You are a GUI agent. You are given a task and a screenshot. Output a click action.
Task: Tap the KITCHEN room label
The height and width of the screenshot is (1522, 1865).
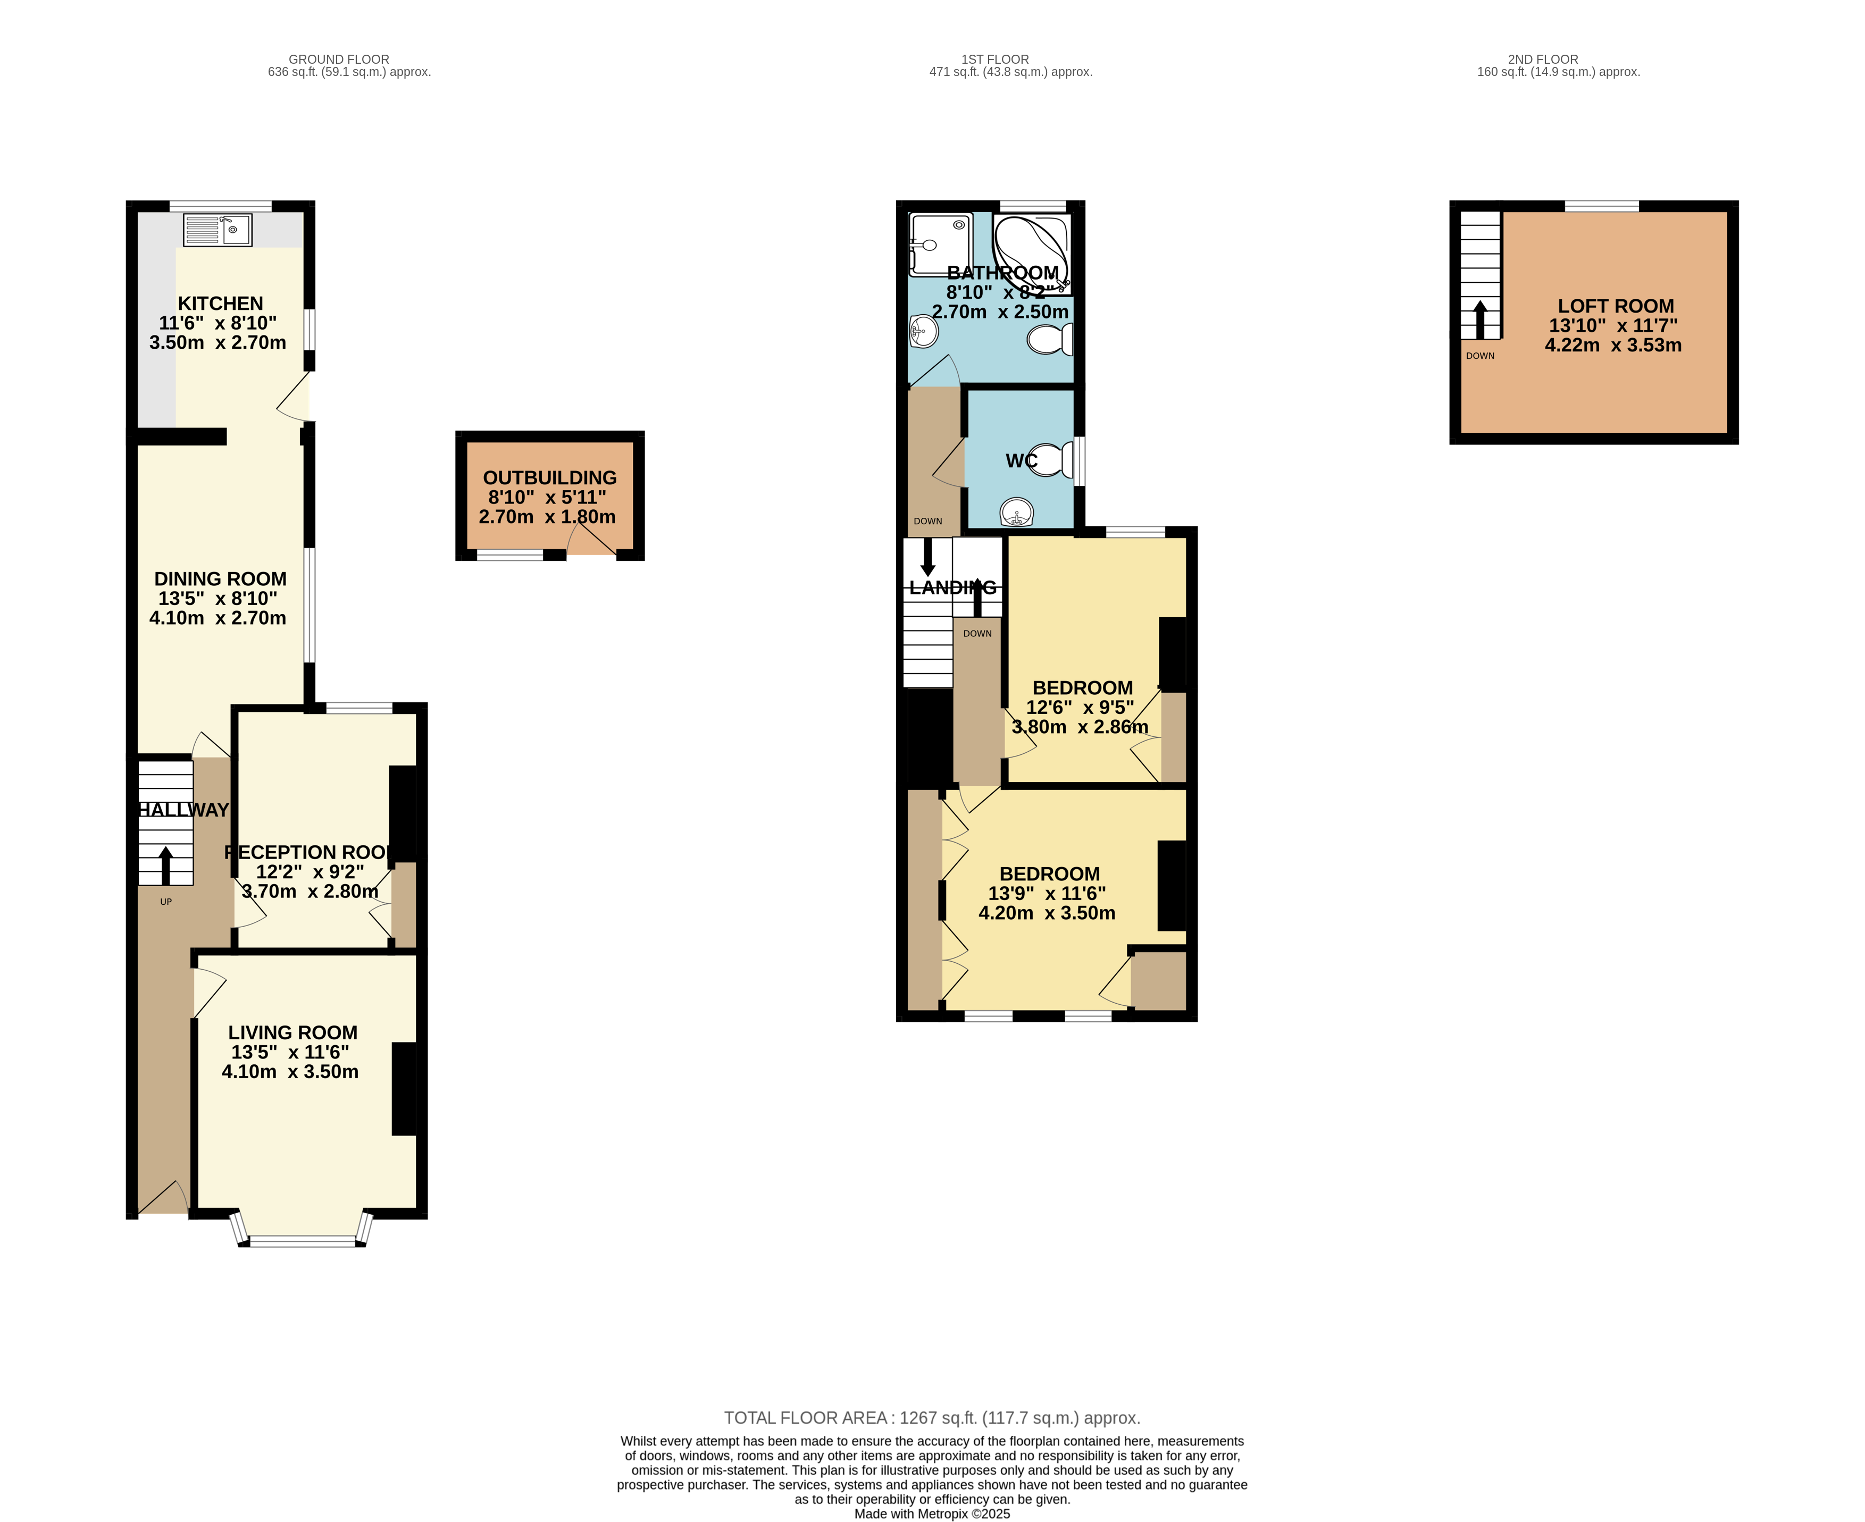tap(220, 304)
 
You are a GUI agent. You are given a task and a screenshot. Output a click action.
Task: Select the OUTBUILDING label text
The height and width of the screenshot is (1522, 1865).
tap(550, 478)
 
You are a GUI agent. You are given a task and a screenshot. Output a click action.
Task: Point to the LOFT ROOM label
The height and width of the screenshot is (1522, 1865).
tap(1615, 306)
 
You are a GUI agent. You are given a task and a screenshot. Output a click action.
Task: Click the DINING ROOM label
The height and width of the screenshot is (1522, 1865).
tap(220, 578)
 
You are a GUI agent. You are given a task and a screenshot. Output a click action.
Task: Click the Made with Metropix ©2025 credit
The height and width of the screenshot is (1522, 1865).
tap(931, 1513)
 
